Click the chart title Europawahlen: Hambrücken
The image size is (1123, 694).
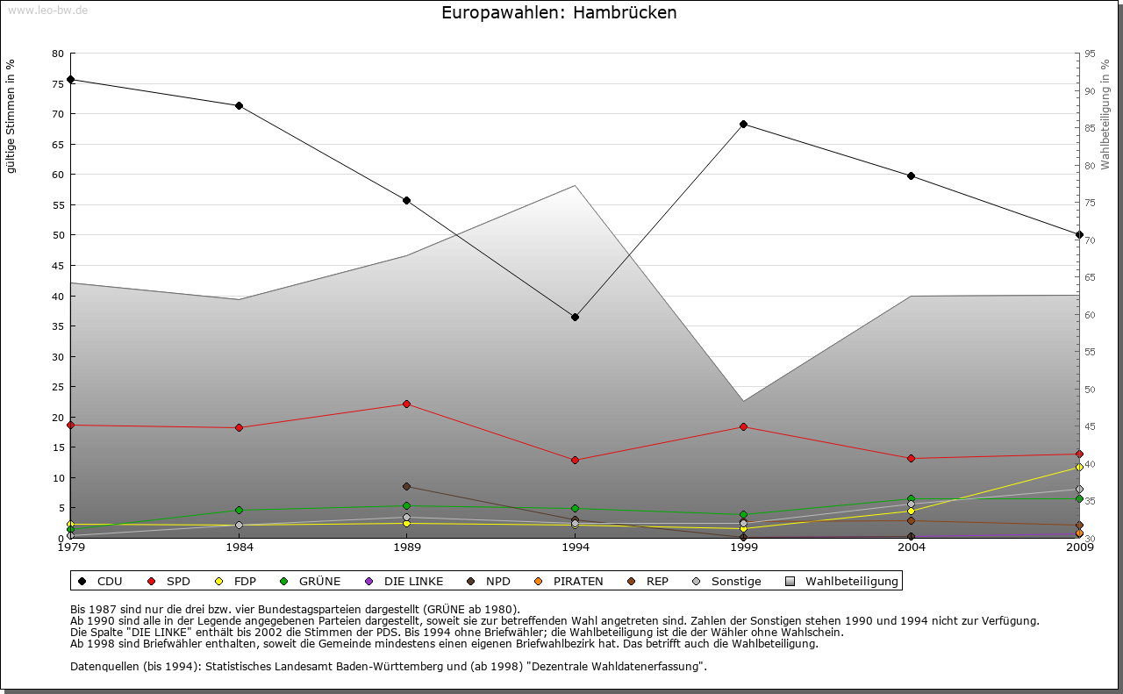(559, 13)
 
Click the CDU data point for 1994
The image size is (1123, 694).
(575, 317)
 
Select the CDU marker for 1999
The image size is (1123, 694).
(743, 124)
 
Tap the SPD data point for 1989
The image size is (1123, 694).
(406, 404)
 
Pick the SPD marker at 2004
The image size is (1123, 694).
(912, 458)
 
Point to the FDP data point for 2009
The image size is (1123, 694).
(1079, 468)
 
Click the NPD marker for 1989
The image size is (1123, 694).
(406, 486)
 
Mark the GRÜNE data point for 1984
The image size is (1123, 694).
(239, 510)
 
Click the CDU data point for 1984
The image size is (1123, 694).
(239, 105)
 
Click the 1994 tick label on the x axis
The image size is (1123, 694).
(575, 548)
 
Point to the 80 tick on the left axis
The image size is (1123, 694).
(58, 54)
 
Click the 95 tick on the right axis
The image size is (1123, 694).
(1090, 54)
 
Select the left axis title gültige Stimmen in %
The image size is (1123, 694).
(11, 116)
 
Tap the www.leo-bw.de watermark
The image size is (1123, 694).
(46, 10)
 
